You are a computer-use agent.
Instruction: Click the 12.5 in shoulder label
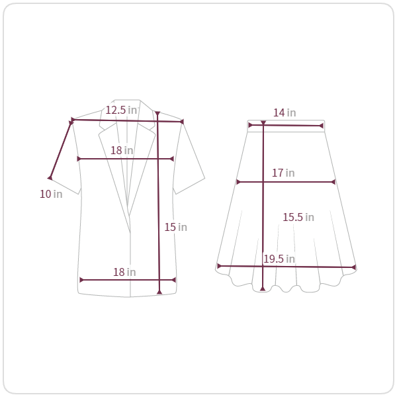(x=121, y=110)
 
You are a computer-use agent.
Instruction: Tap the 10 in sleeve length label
(x=51, y=194)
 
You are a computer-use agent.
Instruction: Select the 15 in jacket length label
(x=176, y=227)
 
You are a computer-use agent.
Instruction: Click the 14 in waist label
(x=285, y=112)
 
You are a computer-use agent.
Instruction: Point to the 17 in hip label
(x=283, y=173)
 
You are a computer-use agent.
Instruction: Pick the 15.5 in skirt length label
(x=298, y=217)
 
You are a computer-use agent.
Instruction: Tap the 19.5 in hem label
(x=279, y=259)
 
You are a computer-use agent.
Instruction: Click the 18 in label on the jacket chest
(x=122, y=150)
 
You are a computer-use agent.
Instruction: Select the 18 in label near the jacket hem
(x=124, y=272)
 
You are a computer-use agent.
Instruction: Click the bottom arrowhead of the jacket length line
(x=159, y=292)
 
